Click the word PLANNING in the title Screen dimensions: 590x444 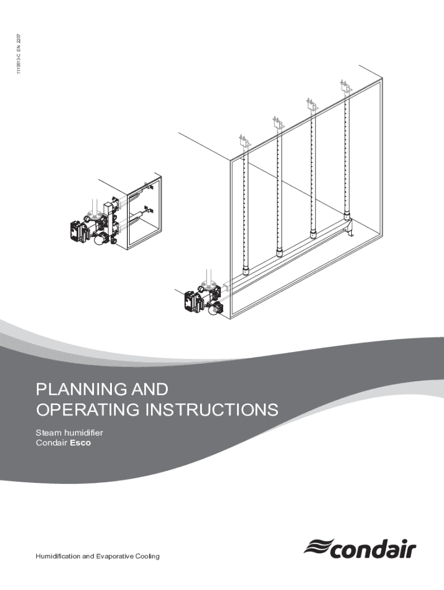(x=75, y=390)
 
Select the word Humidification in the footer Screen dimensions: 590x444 (x=64, y=555)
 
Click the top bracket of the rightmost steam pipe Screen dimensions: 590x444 (x=345, y=88)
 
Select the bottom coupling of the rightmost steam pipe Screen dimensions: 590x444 (x=347, y=215)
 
